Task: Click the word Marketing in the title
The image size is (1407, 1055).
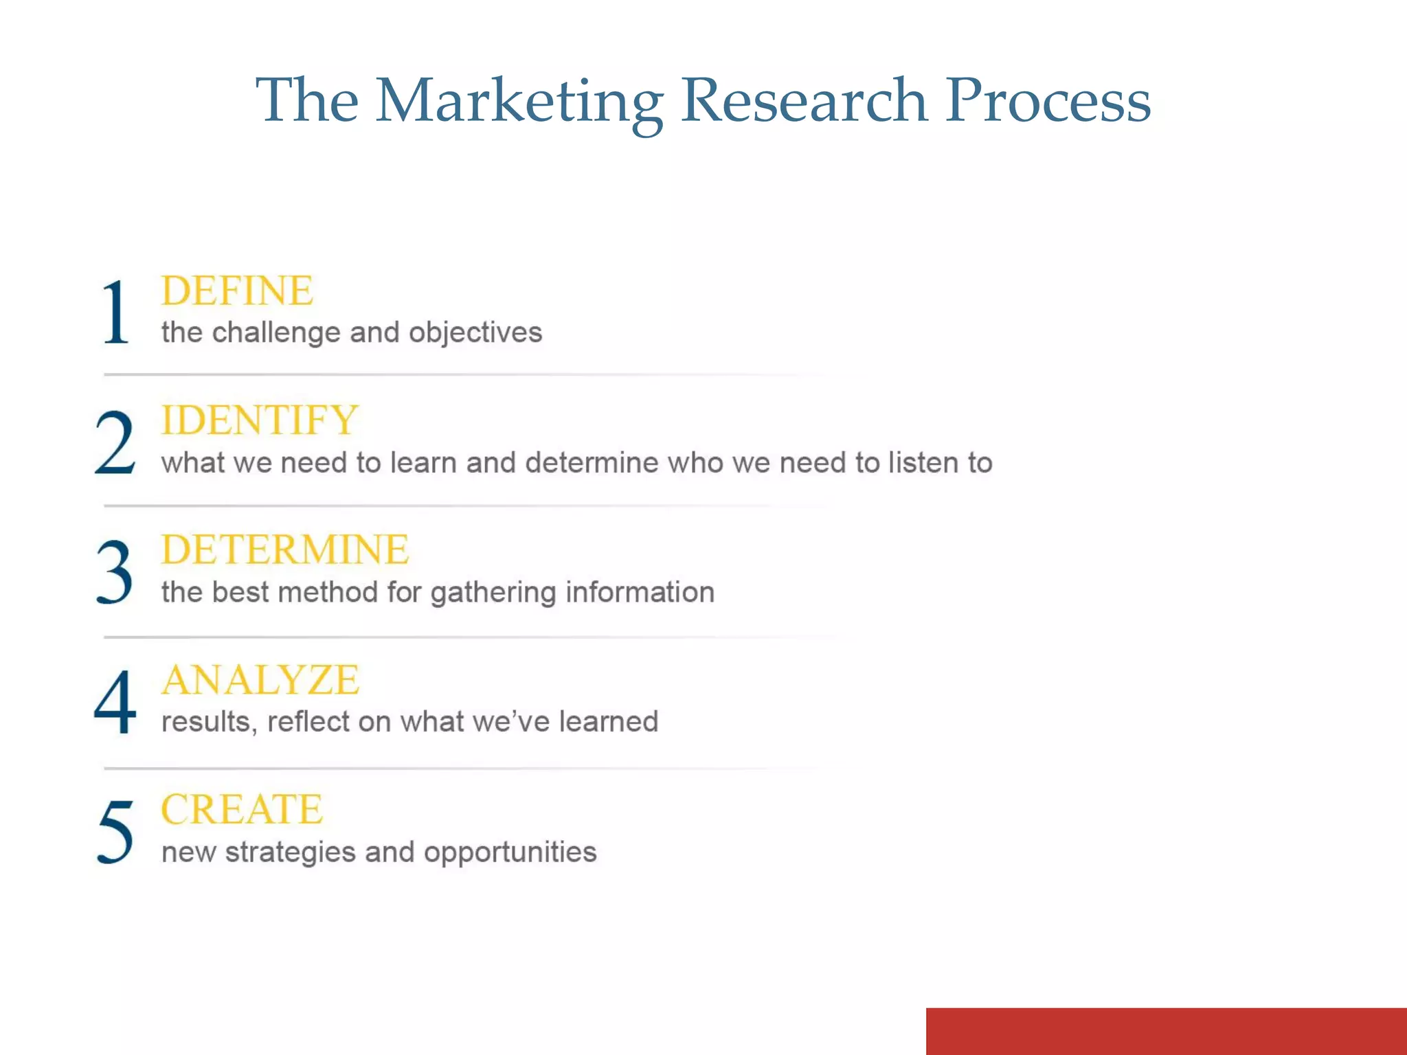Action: click(x=519, y=102)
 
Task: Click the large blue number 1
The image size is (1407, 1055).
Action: click(x=115, y=313)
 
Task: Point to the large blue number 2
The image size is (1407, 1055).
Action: click(x=115, y=442)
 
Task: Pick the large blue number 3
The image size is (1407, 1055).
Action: click(x=114, y=572)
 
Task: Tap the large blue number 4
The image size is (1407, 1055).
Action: click(x=115, y=702)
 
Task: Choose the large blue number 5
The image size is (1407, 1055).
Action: click(x=115, y=831)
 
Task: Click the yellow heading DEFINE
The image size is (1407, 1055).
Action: click(x=237, y=291)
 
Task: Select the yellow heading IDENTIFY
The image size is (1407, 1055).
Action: click(x=260, y=420)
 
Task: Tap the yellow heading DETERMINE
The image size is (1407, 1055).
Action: click(x=285, y=550)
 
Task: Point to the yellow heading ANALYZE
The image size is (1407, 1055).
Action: click(x=260, y=680)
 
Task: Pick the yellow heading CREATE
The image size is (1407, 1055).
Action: click(x=242, y=809)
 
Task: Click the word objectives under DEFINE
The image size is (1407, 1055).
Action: click(x=475, y=333)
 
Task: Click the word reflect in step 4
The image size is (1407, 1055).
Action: click(x=308, y=722)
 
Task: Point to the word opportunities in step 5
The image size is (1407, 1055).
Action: click(x=510, y=853)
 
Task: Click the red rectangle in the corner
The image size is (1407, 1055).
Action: click(x=1166, y=1031)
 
